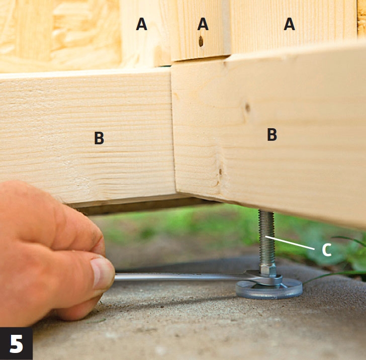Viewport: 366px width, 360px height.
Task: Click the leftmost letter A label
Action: [141, 24]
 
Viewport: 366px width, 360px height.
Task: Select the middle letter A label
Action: [203, 24]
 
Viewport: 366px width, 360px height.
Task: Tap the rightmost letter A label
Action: [289, 24]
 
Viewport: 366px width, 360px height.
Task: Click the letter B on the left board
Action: [99, 138]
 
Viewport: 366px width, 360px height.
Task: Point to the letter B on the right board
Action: [272, 134]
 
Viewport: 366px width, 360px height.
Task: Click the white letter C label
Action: [327, 250]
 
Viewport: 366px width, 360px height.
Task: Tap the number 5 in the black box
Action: [16, 344]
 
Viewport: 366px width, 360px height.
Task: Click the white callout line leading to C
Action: [290, 243]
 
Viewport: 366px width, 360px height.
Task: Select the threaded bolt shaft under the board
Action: [266, 238]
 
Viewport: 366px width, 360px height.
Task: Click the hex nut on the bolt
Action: [268, 269]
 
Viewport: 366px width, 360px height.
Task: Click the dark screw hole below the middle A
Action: [201, 41]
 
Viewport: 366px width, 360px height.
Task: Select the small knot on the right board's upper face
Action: [247, 108]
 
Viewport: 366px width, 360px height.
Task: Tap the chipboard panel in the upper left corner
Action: [60, 35]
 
